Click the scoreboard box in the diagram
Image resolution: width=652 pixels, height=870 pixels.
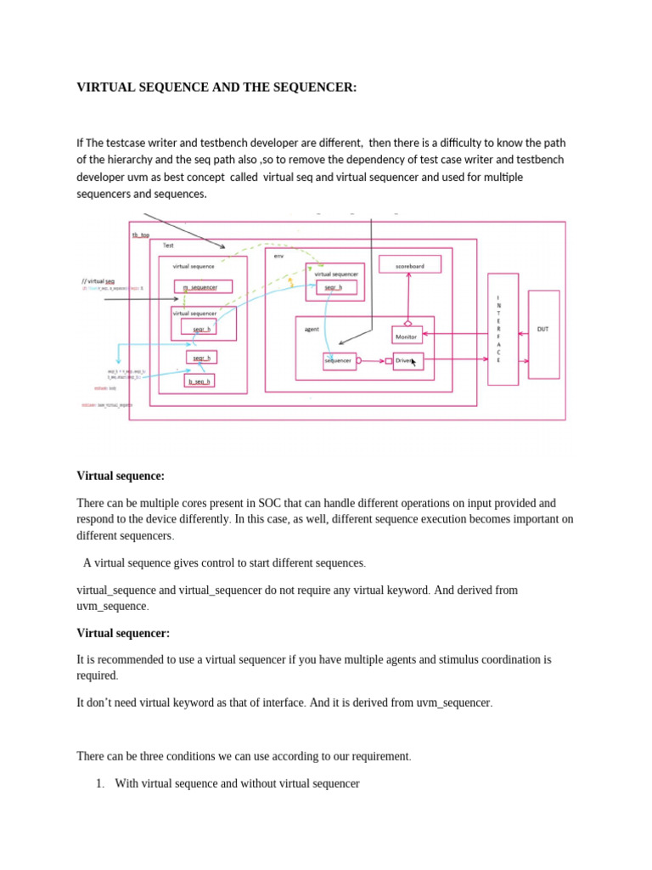click(x=410, y=266)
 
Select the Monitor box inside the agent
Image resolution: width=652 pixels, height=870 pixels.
click(x=407, y=336)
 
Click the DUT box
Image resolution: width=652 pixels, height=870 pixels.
click(x=543, y=333)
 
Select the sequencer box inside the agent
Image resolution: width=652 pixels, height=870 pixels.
click(x=338, y=361)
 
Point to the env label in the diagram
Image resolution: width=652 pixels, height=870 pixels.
click(x=279, y=254)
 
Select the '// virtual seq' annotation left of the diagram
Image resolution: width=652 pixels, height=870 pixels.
click(x=98, y=280)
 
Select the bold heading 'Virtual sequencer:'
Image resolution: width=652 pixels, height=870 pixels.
click(x=123, y=633)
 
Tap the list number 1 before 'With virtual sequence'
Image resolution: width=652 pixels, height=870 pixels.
click(x=102, y=783)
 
